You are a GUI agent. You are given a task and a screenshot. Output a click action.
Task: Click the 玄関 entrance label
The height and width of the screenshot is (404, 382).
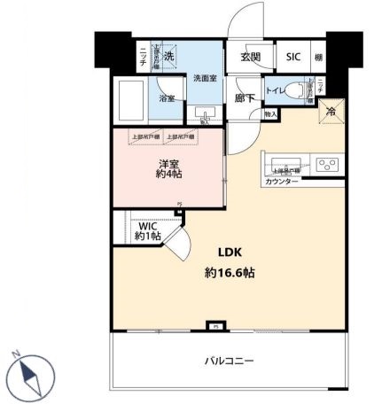[250, 57]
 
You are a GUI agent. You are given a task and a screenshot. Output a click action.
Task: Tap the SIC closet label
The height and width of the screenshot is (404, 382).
[292, 57]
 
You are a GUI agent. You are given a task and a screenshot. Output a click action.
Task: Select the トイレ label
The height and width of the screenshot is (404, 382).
[276, 90]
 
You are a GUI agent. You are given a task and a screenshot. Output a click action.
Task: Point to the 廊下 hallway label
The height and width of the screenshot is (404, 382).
[246, 99]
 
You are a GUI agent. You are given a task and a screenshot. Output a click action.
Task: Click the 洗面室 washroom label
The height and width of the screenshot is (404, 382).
[207, 78]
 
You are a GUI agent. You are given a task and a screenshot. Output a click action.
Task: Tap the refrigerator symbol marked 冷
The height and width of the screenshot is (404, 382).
[331, 112]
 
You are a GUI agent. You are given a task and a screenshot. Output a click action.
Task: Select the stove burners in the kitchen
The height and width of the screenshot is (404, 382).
[326, 165]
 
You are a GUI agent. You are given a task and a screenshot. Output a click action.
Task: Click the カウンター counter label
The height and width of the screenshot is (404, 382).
[282, 183]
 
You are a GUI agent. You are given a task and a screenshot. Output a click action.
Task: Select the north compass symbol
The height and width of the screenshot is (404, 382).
[30, 374]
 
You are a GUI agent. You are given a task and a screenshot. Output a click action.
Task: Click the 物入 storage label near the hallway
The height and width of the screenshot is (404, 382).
[270, 114]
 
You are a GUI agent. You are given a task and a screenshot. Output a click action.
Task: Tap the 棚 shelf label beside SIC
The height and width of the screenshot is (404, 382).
[318, 57]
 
